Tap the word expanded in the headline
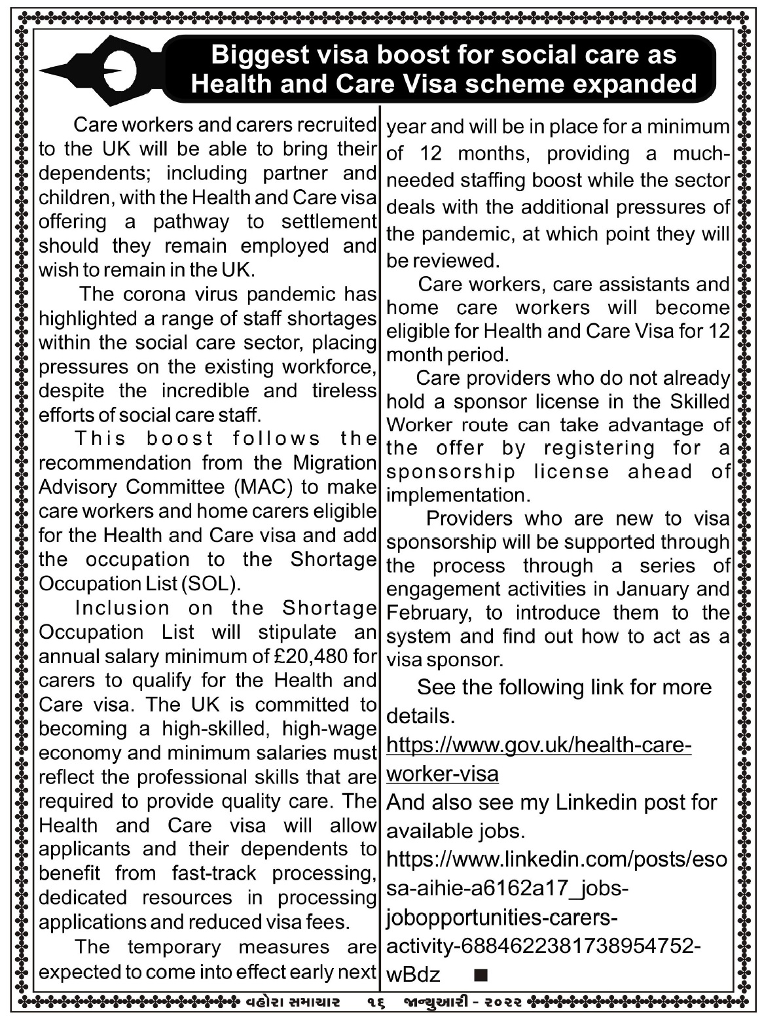632,84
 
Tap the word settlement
329,222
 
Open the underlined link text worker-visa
443,774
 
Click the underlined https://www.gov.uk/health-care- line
539,745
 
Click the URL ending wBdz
414,975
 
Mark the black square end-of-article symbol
480,976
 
